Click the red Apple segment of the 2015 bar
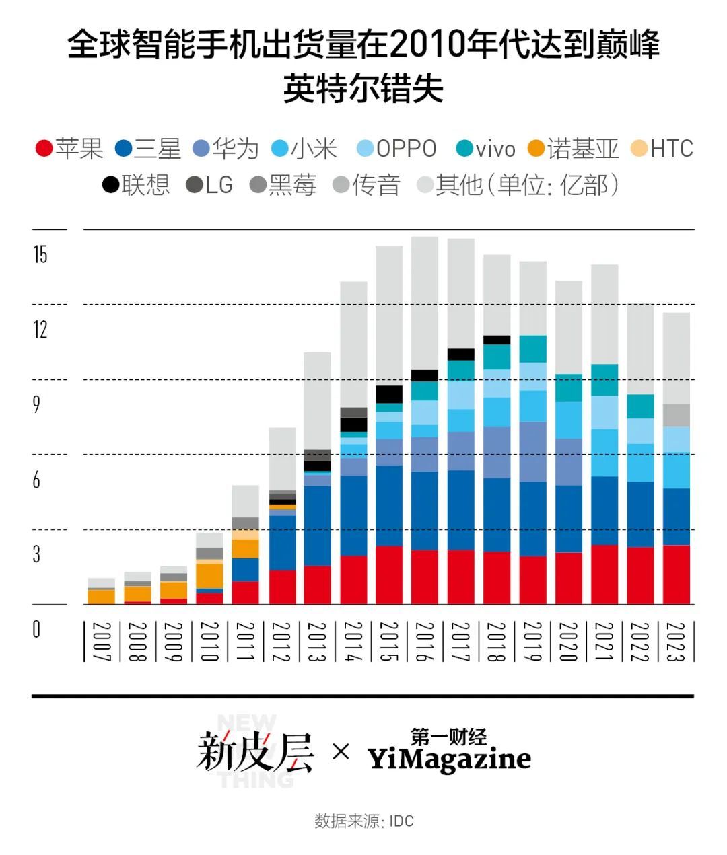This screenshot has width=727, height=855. [389, 575]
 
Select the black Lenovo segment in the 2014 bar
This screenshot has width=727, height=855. [353, 424]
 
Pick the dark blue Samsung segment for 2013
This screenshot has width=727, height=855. [318, 525]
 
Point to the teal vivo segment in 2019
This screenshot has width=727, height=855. [533, 348]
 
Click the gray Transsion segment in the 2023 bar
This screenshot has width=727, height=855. [677, 415]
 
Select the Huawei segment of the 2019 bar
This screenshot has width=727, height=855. [533, 451]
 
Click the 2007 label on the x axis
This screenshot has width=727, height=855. [101, 642]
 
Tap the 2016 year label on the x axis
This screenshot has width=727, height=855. [424, 642]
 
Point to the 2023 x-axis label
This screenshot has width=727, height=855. [676, 642]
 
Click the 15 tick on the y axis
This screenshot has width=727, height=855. [40, 254]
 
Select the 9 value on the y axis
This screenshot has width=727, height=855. [37, 404]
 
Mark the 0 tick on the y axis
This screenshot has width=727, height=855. [37, 629]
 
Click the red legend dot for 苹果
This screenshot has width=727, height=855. [44, 149]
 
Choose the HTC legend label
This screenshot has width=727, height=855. [671, 149]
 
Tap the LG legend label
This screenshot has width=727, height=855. [219, 184]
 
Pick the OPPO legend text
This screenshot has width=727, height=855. [406, 149]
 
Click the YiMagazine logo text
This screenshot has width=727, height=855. [449, 759]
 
